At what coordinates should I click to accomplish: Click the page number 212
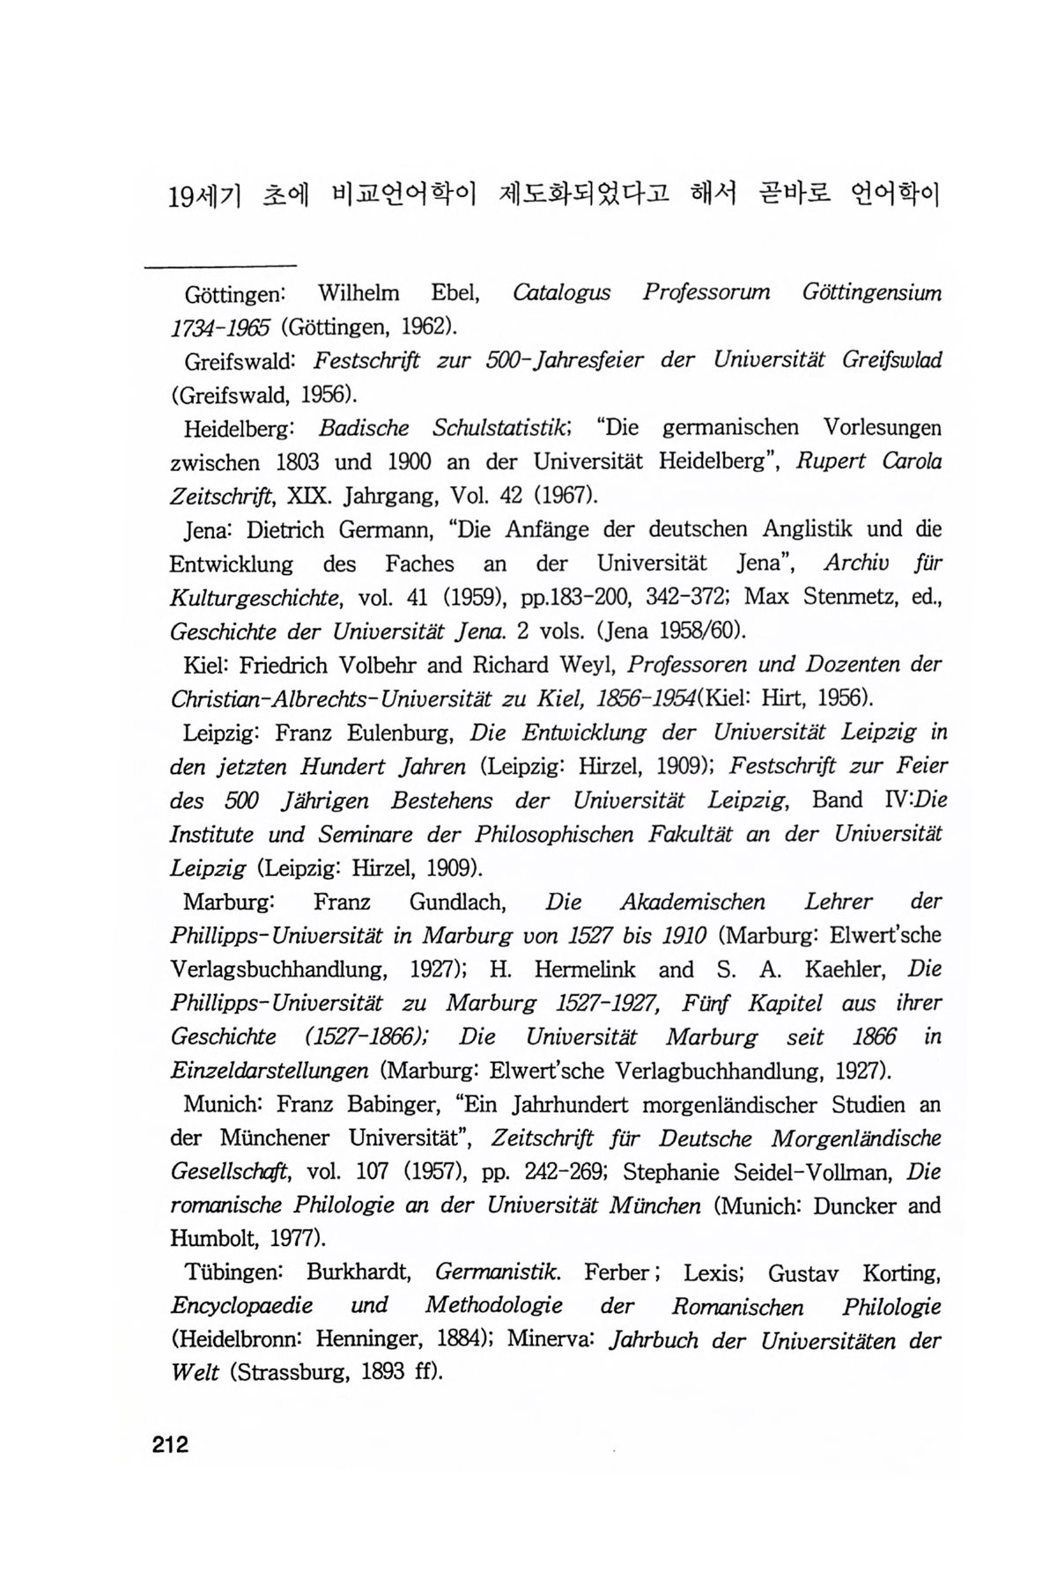(x=170, y=1445)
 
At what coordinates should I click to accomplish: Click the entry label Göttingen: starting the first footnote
(x=232, y=293)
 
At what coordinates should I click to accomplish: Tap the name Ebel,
(x=454, y=291)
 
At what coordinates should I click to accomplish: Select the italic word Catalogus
(x=561, y=292)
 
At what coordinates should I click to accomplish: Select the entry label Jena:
(x=209, y=530)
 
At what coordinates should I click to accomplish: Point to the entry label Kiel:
(x=205, y=665)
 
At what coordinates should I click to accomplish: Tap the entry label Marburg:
(x=230, y=903)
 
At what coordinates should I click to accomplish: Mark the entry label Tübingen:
(x=232, y=1273)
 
